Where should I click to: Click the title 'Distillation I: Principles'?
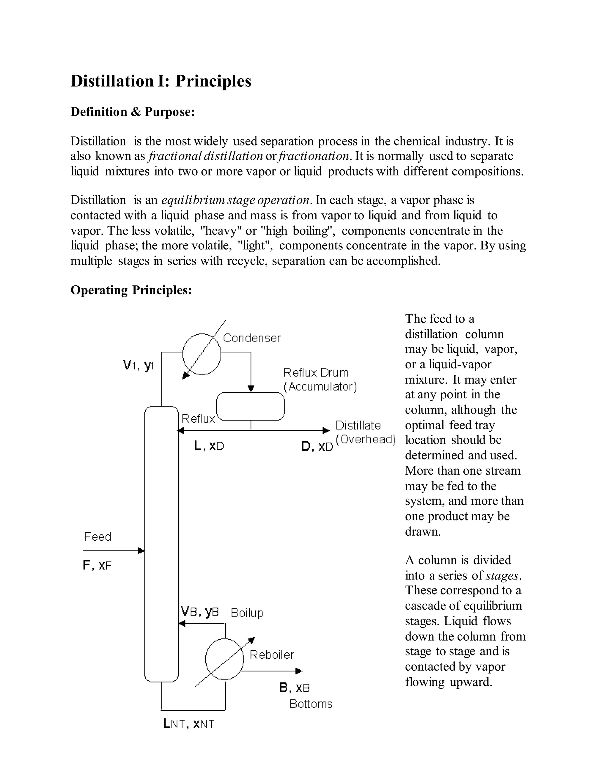coord(161,81)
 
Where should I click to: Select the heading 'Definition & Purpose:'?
coord(133,112)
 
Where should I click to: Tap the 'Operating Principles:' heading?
coord(131,290)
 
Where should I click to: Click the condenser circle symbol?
coord(201,354)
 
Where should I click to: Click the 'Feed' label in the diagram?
coord(98,537)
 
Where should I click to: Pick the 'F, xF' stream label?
coord(97,565)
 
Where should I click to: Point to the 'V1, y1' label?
coord(138,365)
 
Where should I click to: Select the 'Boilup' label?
coord(247,613)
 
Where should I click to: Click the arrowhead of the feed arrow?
coord(141,551)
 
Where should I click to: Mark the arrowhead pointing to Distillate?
coord(326,431)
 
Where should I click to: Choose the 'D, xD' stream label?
coord(317,447)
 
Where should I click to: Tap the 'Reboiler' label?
coord(272,655)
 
